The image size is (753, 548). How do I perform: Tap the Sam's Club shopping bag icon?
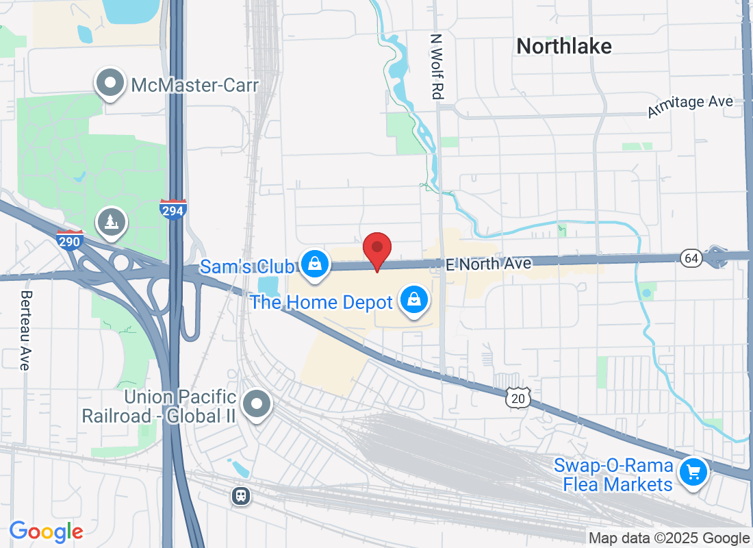(x=315, y=262)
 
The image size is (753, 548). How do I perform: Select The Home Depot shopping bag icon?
(x=414, y=299)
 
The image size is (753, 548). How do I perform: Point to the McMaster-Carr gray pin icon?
(x=110, y=84)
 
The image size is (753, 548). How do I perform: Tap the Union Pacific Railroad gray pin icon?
(x=257, y=403)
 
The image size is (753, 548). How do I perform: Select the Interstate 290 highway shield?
(x=70, y=240)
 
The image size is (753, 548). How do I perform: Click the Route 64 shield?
(x=691, y=258)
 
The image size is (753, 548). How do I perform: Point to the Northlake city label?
(x=564, y=46)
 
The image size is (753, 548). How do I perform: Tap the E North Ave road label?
(x=488, y=264)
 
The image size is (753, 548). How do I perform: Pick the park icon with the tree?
(x=111, y=221)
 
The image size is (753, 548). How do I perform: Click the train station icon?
(x=240, y=495)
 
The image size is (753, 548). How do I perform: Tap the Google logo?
(x=46, y=531)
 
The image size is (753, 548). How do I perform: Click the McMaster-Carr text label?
(x=194, y=86)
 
